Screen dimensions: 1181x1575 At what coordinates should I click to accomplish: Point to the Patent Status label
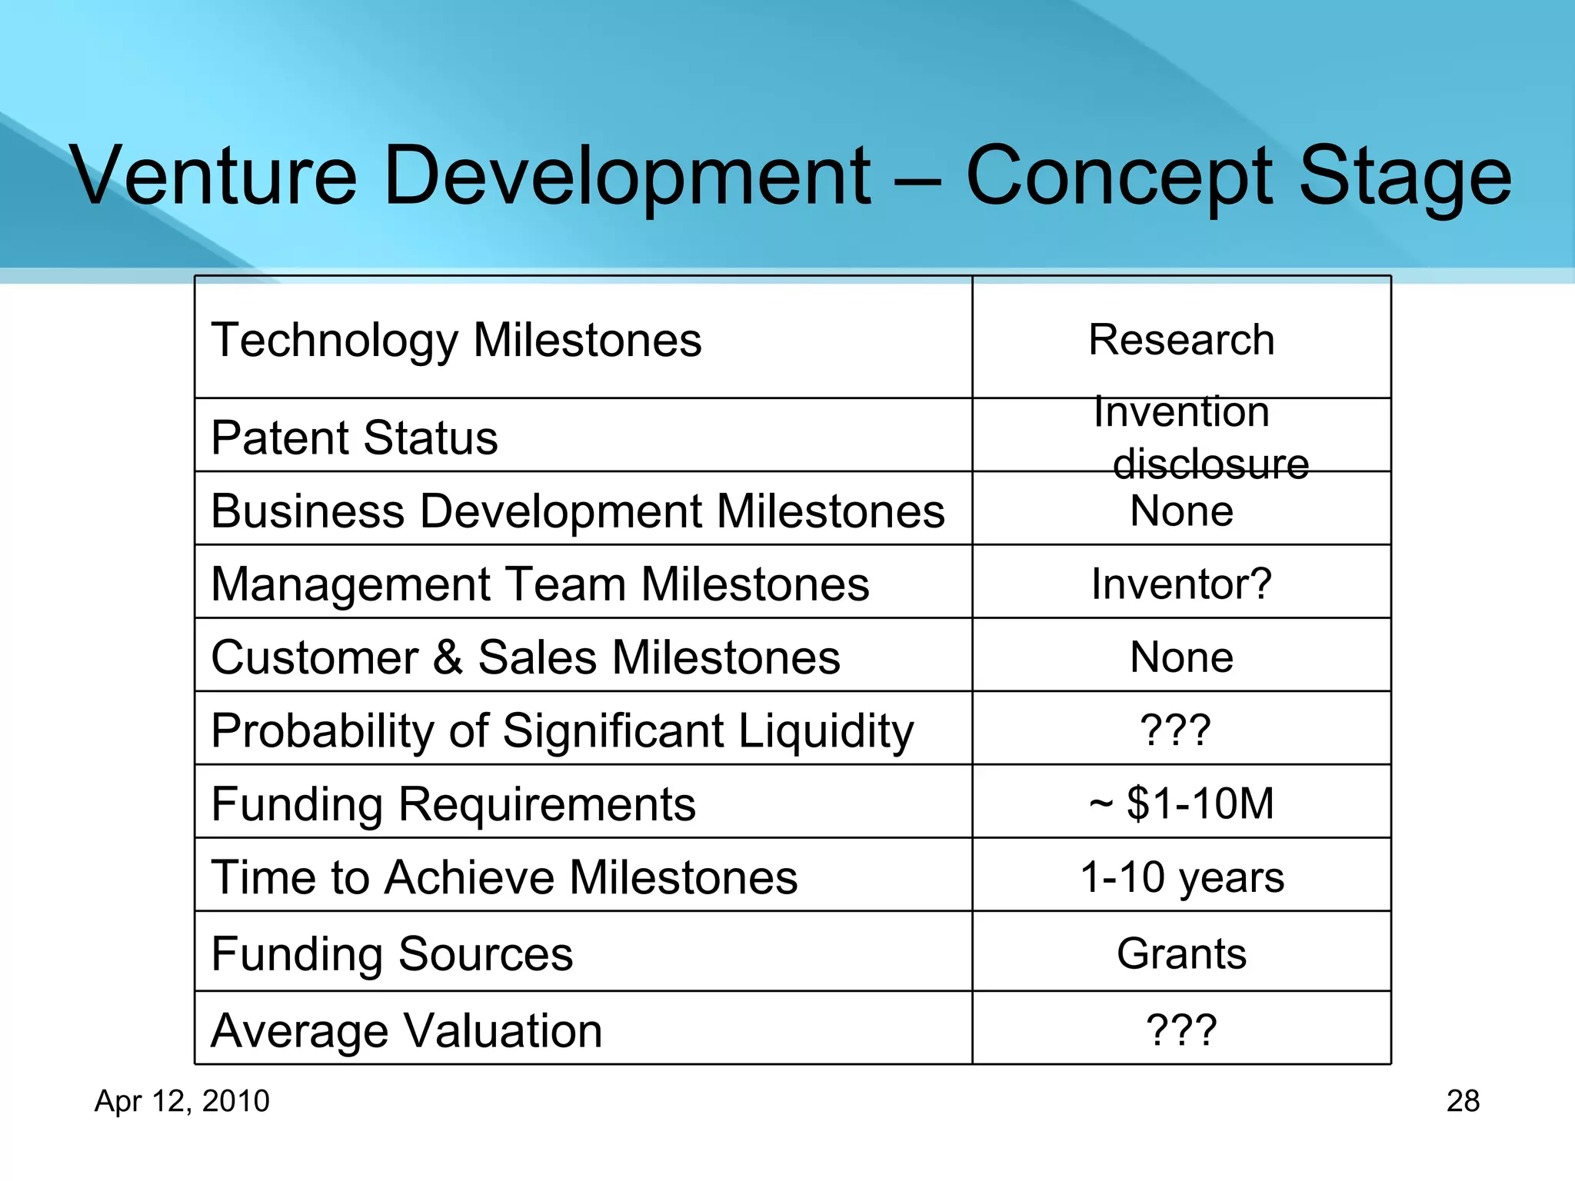(355, 437)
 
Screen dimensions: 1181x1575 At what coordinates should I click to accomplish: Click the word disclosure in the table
(1210, 464)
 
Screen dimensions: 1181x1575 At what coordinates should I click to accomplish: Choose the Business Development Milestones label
(578, 511)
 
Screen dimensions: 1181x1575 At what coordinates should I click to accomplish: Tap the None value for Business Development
(1181, 511)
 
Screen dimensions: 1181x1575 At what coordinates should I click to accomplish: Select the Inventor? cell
(1181, 584)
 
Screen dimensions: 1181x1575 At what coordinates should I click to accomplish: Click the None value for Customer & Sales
(1181, 657)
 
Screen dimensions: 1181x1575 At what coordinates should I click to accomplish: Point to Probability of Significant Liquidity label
(562, 730)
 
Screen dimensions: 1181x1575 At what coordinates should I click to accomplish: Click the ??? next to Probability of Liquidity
(1175, 730)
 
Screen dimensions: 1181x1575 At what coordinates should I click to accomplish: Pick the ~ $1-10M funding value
(1181, 803)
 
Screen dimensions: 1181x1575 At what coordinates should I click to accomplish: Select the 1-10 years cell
(1181, 877)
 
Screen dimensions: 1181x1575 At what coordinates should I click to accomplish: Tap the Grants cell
(1181, 953)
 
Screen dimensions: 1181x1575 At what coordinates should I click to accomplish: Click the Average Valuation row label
(406, 1030)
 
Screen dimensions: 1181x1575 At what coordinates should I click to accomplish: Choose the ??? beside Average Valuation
(1181, 1030)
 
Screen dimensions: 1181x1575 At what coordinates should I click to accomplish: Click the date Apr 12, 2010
(182, 1101)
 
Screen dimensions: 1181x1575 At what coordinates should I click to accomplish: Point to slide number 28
(1463, 1101)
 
